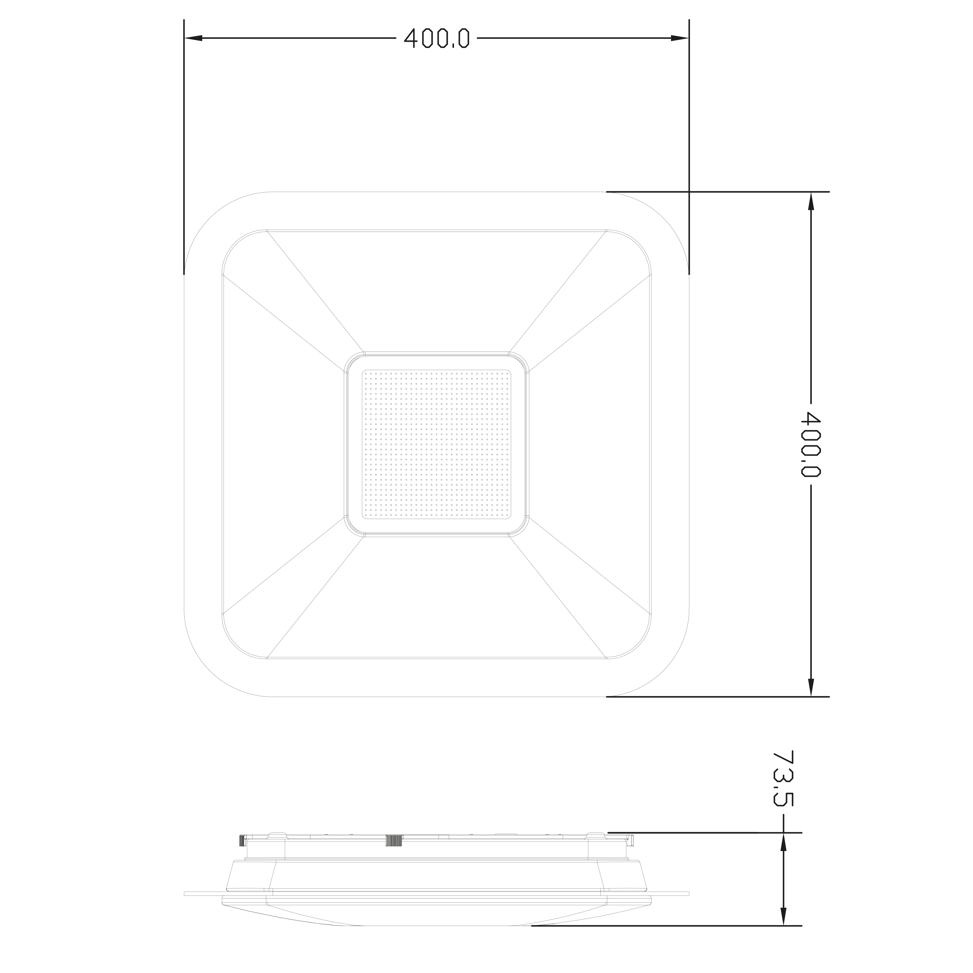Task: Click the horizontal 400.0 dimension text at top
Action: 437,38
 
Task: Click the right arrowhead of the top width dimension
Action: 679,38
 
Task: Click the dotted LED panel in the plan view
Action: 437,444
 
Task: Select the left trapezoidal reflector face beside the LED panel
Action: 282,444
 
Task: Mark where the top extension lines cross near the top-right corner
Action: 689,192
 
